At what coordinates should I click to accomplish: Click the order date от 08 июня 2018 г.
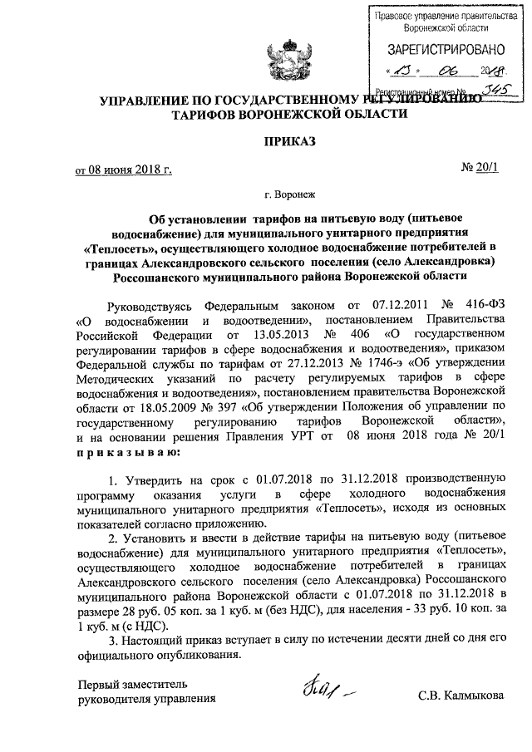click(x=124, y=170)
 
